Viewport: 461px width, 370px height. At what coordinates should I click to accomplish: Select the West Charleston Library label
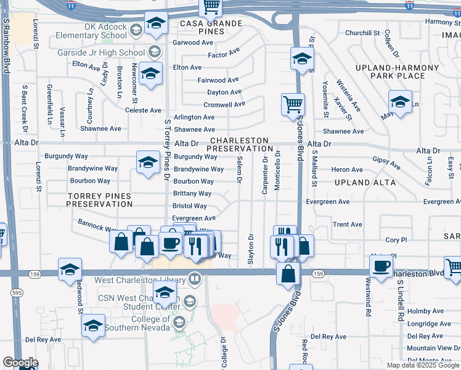[141, 281]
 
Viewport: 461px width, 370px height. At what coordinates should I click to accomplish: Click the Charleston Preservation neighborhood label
[240, 144]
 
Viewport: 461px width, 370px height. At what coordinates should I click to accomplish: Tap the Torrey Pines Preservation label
[99, 199]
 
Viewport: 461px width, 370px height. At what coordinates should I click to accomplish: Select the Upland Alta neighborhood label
[365, 183]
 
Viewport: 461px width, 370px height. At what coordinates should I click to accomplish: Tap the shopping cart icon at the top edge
[211, 7]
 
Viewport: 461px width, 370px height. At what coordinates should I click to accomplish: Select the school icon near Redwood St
[70, 269]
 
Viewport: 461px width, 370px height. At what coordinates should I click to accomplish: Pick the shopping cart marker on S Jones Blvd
[293, 104]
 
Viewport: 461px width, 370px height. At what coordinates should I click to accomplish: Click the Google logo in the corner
[20, 363]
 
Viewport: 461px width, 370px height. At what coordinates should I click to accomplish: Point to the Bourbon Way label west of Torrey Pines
[90, 181]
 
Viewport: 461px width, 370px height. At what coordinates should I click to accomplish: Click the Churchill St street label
[362, 33]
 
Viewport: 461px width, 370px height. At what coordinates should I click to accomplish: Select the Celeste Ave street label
[143, 110]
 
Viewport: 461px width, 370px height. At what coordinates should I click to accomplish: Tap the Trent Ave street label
[347, 224]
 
